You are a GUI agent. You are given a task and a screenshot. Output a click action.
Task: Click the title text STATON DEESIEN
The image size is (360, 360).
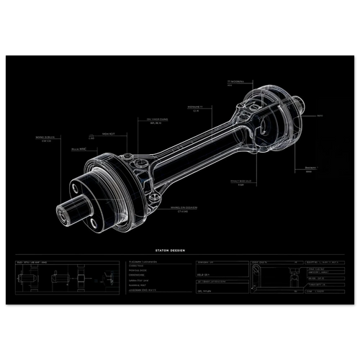pos(170,249)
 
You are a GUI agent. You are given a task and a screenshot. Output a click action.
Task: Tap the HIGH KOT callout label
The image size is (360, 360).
pos(108,133)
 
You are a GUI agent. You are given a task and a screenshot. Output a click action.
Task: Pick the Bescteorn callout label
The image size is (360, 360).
pos(311,167)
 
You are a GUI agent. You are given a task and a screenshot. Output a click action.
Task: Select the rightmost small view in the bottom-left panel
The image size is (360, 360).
pos(108,277)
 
